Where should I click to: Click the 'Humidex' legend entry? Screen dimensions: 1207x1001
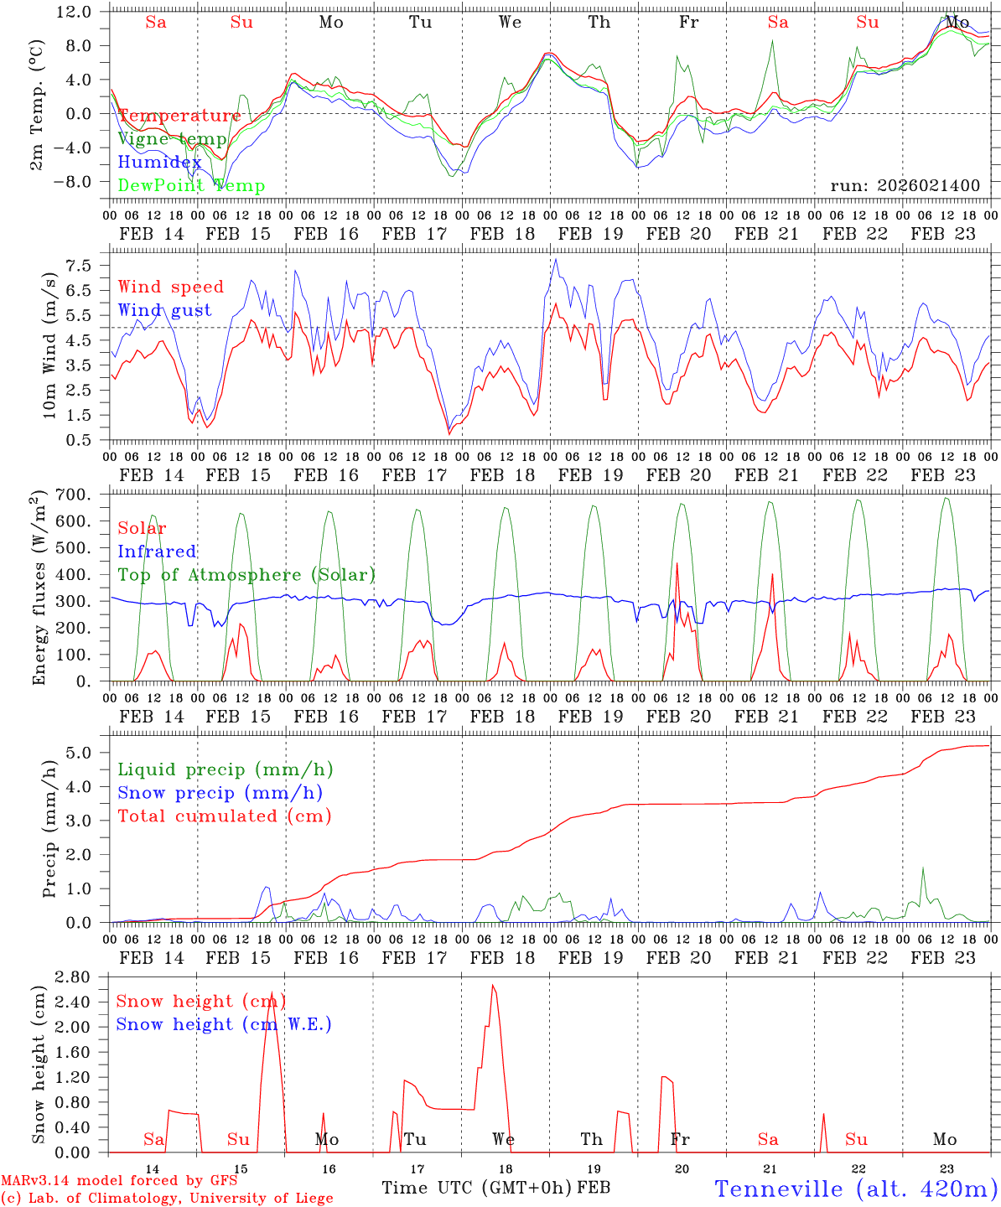(159, 163)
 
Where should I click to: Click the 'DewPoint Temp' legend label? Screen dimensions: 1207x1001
(191, 186)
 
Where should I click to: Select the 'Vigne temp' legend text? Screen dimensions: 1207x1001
(172, 139)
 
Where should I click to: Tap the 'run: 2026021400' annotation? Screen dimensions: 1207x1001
(905, 185)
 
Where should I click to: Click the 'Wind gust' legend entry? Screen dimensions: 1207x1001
(164, 310)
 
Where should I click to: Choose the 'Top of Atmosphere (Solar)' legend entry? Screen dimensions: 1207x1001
(246, 575)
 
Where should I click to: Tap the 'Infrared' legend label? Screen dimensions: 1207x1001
(157, 552)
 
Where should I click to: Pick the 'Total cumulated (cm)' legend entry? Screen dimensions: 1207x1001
(224, 816)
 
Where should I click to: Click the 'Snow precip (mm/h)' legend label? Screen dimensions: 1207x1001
(220, 793)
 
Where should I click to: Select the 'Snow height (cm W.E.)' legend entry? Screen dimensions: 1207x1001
(223, 1024)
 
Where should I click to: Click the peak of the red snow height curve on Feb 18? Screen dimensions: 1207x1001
(493, 986)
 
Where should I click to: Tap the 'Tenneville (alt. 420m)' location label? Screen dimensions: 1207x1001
(855, 1189)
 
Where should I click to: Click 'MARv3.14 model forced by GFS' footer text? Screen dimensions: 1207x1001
(119, 1181)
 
